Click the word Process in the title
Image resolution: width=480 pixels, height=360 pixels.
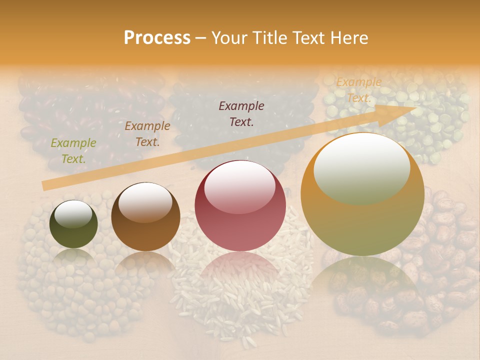click(x=157, y=37)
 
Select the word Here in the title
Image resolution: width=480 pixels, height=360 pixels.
click(x=348, y=37)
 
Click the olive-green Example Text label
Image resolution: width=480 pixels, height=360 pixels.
click(x=73, y=150)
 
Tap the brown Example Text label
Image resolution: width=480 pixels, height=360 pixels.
click(x=147, y=133)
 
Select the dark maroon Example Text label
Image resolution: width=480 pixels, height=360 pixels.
click(x=241, y=113)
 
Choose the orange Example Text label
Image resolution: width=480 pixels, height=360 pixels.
click(x=358, y=89)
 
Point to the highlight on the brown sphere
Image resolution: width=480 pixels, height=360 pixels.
click(x=145, y=201)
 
